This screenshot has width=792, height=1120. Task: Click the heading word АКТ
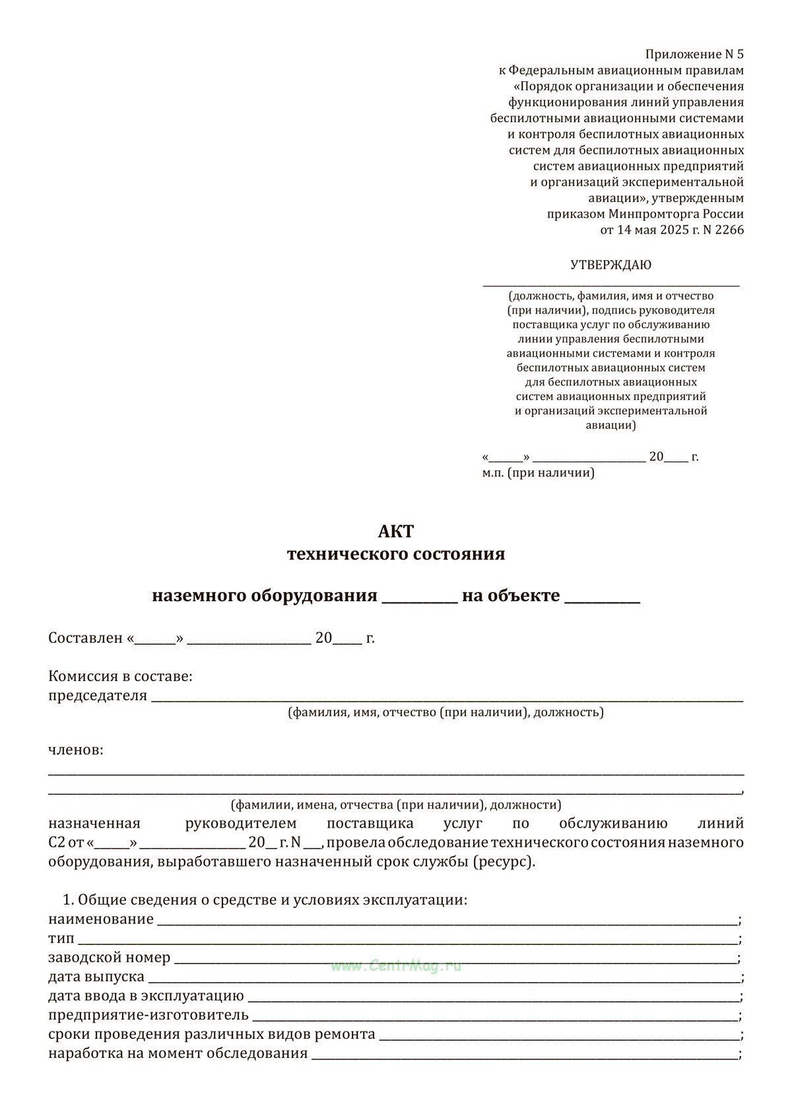tap(396, 531)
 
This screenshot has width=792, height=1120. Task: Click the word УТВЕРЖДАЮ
tap(610, 265)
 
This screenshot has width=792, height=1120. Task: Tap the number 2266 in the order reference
tap(728, 230)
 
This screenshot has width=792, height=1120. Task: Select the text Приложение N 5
tap(694, 54)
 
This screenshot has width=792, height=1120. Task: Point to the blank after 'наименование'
tap(447, 921)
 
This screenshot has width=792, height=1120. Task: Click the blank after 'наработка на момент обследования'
tap(525, 1055)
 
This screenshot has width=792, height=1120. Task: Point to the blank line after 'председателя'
tap(447, 698)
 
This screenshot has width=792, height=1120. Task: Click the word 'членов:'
tap(76, 750)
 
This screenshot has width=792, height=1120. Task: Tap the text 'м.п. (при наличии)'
tap(538, 473)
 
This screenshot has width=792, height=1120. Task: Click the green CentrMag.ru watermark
tap(396, 966)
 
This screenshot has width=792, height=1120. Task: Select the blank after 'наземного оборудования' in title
tap(420, 599)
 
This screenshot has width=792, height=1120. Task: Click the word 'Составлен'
tap(86, 638)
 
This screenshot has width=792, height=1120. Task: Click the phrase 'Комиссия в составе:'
tap(121, 676)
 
